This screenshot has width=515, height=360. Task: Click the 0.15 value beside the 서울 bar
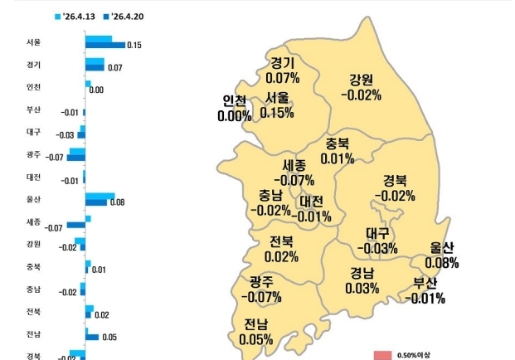(134, 46)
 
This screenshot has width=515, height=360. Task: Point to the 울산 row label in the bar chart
(33, 199)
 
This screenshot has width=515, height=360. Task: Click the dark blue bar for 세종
(75, 225)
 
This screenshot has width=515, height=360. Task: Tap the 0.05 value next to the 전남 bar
(109, 337)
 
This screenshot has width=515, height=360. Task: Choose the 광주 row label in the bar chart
(33, 154)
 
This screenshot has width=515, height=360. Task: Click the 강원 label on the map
(361, 80)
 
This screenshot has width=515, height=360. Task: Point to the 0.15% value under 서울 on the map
(277, 112)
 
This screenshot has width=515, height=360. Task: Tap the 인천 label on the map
(235, 101)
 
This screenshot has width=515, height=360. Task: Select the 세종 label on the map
(294, 165)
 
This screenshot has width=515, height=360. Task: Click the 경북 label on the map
(395, 181)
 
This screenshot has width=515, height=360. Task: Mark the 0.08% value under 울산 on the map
(442, 263)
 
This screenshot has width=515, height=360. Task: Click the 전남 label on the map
(255, 324)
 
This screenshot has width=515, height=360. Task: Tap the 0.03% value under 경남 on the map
(362, 288)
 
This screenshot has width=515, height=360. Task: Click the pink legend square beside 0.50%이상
(381, 355)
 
